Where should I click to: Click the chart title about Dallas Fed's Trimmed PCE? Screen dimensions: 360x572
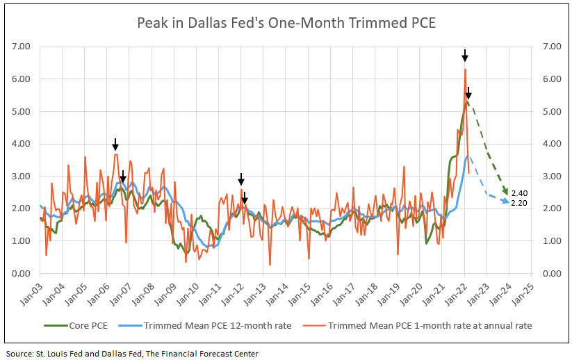(286, 22)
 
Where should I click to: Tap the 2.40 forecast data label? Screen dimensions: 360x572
(518, 193)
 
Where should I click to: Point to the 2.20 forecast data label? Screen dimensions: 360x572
(518, 202)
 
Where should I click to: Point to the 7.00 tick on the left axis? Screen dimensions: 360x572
(20, 47)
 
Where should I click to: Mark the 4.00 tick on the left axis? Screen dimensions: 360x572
(20, 144)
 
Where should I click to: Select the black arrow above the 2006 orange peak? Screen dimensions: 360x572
(115, 144)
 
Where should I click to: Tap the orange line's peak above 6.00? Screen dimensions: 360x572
(465, 69)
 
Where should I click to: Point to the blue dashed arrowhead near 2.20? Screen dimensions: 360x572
(507, 202)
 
